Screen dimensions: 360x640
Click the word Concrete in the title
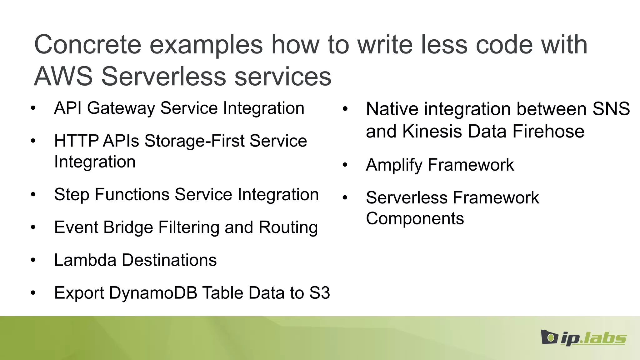[88, 45]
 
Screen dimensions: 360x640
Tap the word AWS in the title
[63, 77]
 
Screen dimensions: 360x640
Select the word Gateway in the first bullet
[121, 108]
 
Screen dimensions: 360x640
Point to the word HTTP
[76, 141]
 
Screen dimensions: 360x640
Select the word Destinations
[169, 260]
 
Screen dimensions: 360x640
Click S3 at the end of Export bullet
[319, 293]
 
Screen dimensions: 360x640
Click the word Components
[415, 218]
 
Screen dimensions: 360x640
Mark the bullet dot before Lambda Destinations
[33, 260]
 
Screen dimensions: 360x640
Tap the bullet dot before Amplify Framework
[345, 165]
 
